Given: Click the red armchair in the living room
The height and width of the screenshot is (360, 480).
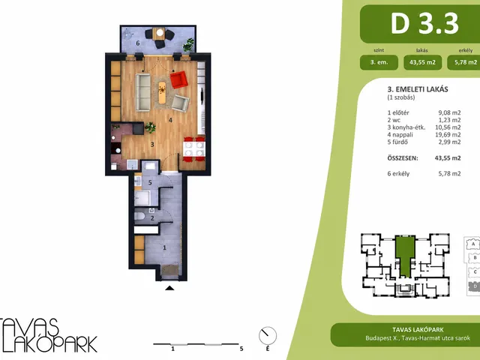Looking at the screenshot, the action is (x=178, y=79).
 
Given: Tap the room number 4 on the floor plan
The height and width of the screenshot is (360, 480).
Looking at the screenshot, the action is (x=170, y=120).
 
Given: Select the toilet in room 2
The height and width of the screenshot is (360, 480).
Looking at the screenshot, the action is (x=139, y=216).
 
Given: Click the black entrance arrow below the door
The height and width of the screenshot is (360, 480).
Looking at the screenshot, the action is (x=169, y=288).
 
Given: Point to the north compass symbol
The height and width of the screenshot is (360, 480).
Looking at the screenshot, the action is (x=268, y=335).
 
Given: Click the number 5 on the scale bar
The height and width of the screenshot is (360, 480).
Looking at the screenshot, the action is (x=241, y=349).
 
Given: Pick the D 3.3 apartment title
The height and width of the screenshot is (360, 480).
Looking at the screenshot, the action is (x=424, y=23).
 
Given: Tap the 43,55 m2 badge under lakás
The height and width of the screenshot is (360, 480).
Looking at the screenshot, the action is (x=422, y=62).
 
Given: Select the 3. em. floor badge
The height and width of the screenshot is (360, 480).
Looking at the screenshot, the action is (x=379, y=62).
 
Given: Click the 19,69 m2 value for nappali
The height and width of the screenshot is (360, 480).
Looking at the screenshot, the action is (x=448, y=135).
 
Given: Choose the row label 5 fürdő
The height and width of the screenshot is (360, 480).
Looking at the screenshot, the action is (x=397, y=142).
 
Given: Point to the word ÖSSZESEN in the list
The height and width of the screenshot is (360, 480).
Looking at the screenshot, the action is (x=403, y=158).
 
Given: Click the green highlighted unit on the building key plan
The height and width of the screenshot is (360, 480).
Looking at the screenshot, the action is (x=405, y=256).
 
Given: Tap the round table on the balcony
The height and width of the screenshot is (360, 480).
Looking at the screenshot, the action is (x=160, y=32).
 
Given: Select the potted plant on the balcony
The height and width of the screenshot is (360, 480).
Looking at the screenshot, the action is (x=188, y=45).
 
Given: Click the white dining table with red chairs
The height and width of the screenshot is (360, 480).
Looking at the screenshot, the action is (x=194, y=149).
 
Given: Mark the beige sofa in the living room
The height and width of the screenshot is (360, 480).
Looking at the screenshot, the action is (x=143, y=92).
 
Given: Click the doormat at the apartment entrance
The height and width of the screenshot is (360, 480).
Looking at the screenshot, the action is (x=170, y=270).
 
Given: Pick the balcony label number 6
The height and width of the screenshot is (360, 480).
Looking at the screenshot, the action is (x=138, y=43).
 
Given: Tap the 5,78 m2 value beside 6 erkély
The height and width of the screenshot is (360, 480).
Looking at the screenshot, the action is (x=449, y=173).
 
